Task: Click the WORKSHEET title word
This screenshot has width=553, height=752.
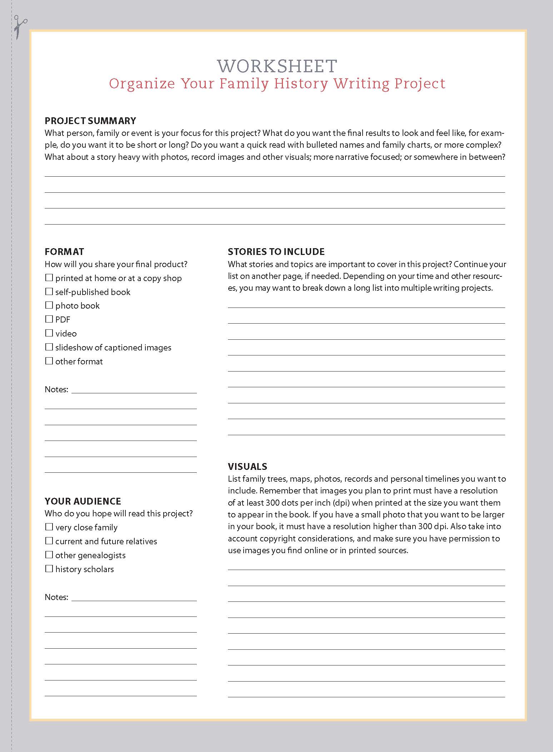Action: point(277,66)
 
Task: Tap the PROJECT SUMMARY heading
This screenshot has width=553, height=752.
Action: point(90,121)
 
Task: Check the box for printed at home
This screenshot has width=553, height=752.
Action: point(49,277)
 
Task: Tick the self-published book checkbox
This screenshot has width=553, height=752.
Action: point(49,291)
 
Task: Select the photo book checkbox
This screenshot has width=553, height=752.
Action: point(49,305)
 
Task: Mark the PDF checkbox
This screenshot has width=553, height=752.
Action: point(49,319)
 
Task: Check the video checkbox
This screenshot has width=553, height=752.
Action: point(49,333)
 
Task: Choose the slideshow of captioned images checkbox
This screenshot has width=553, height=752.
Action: point(49,347)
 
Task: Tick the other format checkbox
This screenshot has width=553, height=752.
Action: point(49,361)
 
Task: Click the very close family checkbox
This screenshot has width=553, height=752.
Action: point(49,527)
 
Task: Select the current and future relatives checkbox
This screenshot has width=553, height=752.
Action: point(49,541)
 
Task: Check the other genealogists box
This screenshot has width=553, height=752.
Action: point(49,555)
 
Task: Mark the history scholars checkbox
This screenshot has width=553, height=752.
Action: point(49,569)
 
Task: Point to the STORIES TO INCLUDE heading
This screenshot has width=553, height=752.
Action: point(276,251)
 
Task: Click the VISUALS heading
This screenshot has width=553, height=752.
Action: point(248,466)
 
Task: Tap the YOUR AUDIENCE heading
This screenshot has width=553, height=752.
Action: point(83,501)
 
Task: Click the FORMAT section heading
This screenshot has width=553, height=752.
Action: point(64,251)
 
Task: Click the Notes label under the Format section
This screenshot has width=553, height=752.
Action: point(56,389)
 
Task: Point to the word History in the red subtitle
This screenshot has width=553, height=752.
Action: point(301,83)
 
